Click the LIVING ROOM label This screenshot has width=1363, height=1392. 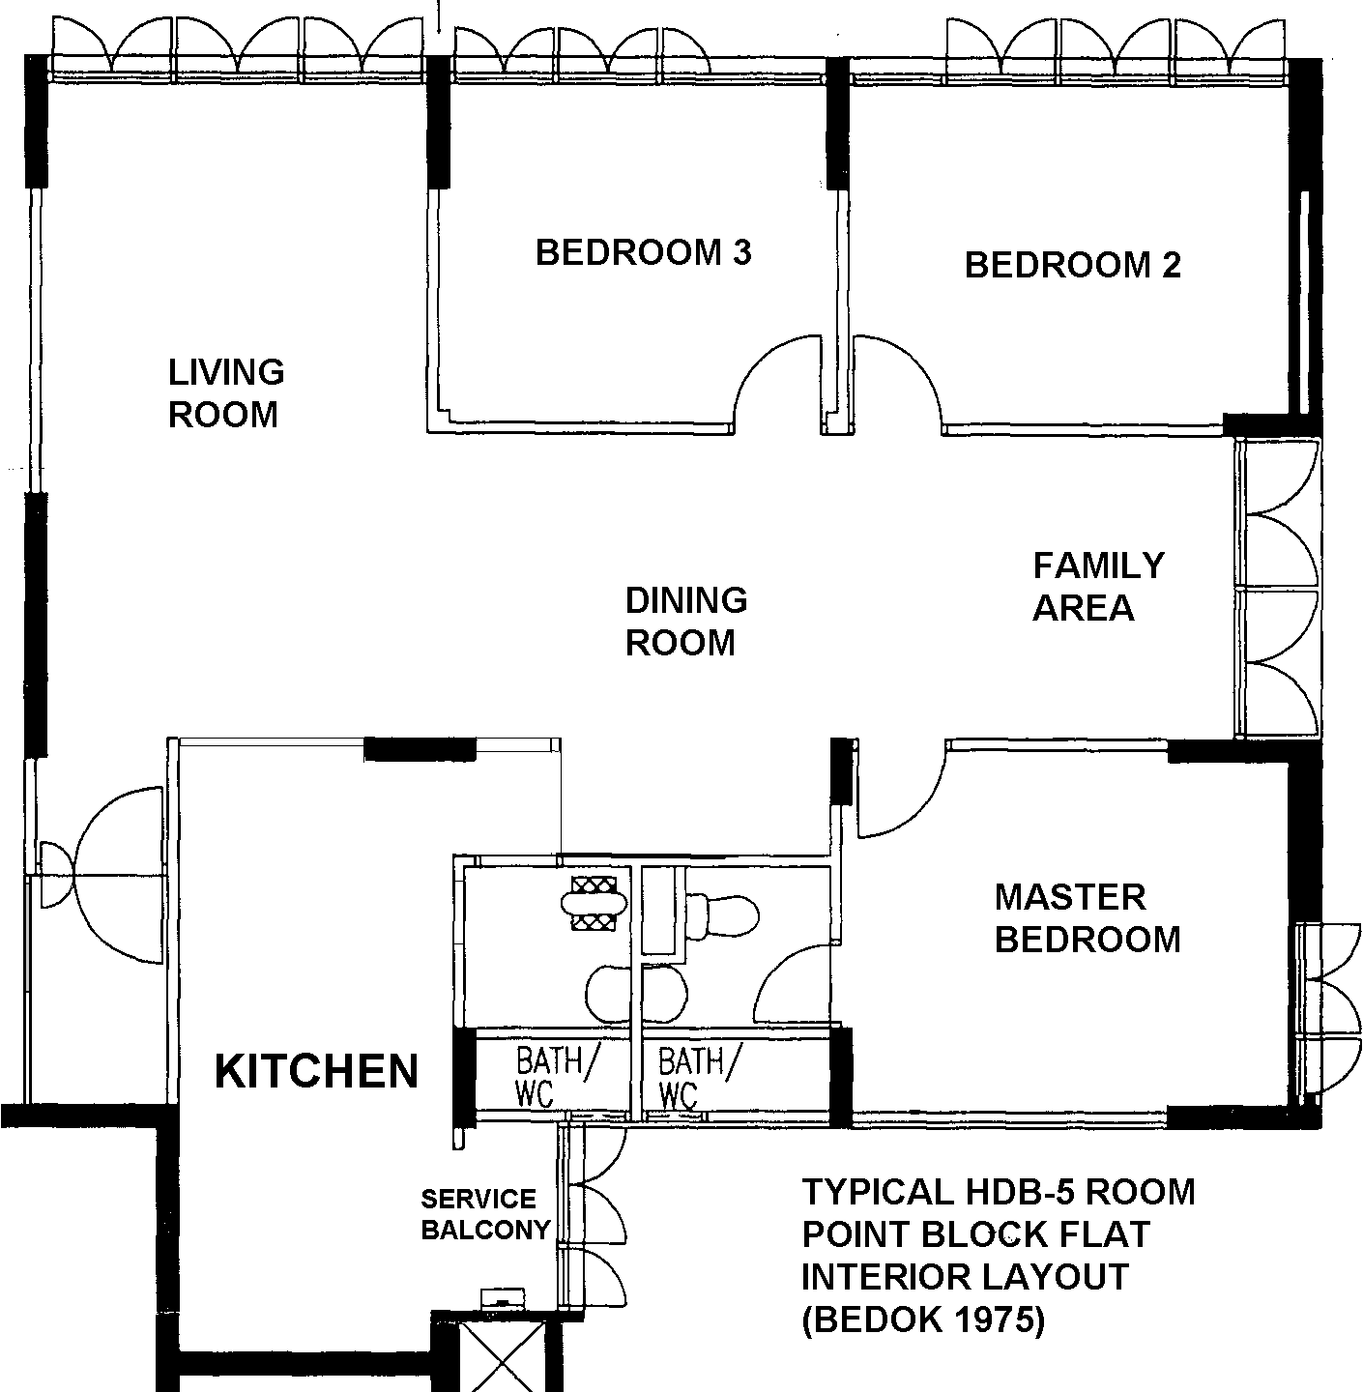click(x=226, y=393)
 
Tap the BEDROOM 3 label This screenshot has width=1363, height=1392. click(x=643, y=253)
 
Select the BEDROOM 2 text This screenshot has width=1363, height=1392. click(x=1072, y=265)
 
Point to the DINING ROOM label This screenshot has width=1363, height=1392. click(x=685, y=622)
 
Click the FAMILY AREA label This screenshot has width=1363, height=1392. click(x=1098, y=587)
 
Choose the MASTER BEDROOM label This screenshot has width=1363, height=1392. click(x=1087, y=918)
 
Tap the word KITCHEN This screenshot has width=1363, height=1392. click(x=316, y=1070)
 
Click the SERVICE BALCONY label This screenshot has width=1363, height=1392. click(x=485, y=1214)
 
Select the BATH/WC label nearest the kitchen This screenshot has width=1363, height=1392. click(x=558, y=1076)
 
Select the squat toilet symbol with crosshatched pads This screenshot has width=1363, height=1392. click(x=594, y=903)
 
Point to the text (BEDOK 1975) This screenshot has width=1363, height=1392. click(x=923, y=1319)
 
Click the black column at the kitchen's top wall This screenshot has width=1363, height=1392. click(x=420, y=749)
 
